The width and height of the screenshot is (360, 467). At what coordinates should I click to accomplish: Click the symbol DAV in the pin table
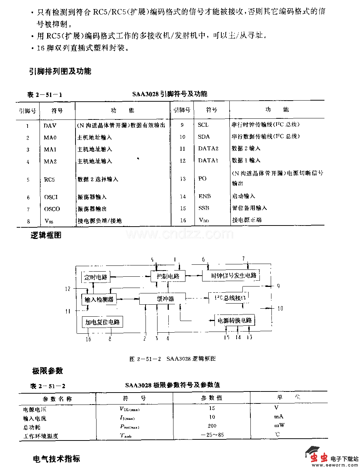coord(50,126)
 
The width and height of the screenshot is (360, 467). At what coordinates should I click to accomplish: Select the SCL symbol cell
coord(203,125)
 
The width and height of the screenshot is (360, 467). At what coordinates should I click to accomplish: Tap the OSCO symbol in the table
coord(52,209)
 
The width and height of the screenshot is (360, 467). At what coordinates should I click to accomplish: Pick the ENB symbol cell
coord(205,196)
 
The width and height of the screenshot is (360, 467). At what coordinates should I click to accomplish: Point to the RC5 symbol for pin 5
coord(49,179)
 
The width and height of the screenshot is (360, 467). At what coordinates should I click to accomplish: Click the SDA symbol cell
coord(204,137)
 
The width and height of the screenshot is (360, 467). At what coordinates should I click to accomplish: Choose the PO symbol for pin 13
coord(202,178)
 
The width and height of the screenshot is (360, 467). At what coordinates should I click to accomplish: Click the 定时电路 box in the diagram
coord(96,277)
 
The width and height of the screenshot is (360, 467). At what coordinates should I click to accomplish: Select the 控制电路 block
coord(168,276)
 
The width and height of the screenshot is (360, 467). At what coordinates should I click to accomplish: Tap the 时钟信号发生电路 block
coord(234,276)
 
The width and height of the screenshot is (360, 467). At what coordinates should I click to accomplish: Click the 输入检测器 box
coord(99,300)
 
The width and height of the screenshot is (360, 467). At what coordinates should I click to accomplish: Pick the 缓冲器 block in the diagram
coord(165,299)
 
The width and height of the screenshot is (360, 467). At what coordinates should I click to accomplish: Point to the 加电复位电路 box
coord(102,322)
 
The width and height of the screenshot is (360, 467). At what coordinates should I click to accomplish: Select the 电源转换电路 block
coord(234,320)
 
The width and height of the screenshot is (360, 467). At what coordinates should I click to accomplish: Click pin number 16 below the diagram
coord(88,339)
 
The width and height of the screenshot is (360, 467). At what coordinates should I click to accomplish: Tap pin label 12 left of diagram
coord(68,289)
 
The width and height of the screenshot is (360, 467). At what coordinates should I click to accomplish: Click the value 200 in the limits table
coord(212,426)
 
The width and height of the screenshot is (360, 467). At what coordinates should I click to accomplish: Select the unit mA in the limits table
coord(279,417)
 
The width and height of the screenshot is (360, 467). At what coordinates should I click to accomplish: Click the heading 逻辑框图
coord(46,235)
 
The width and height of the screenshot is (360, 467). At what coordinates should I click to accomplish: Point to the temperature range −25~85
coord(213,435)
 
